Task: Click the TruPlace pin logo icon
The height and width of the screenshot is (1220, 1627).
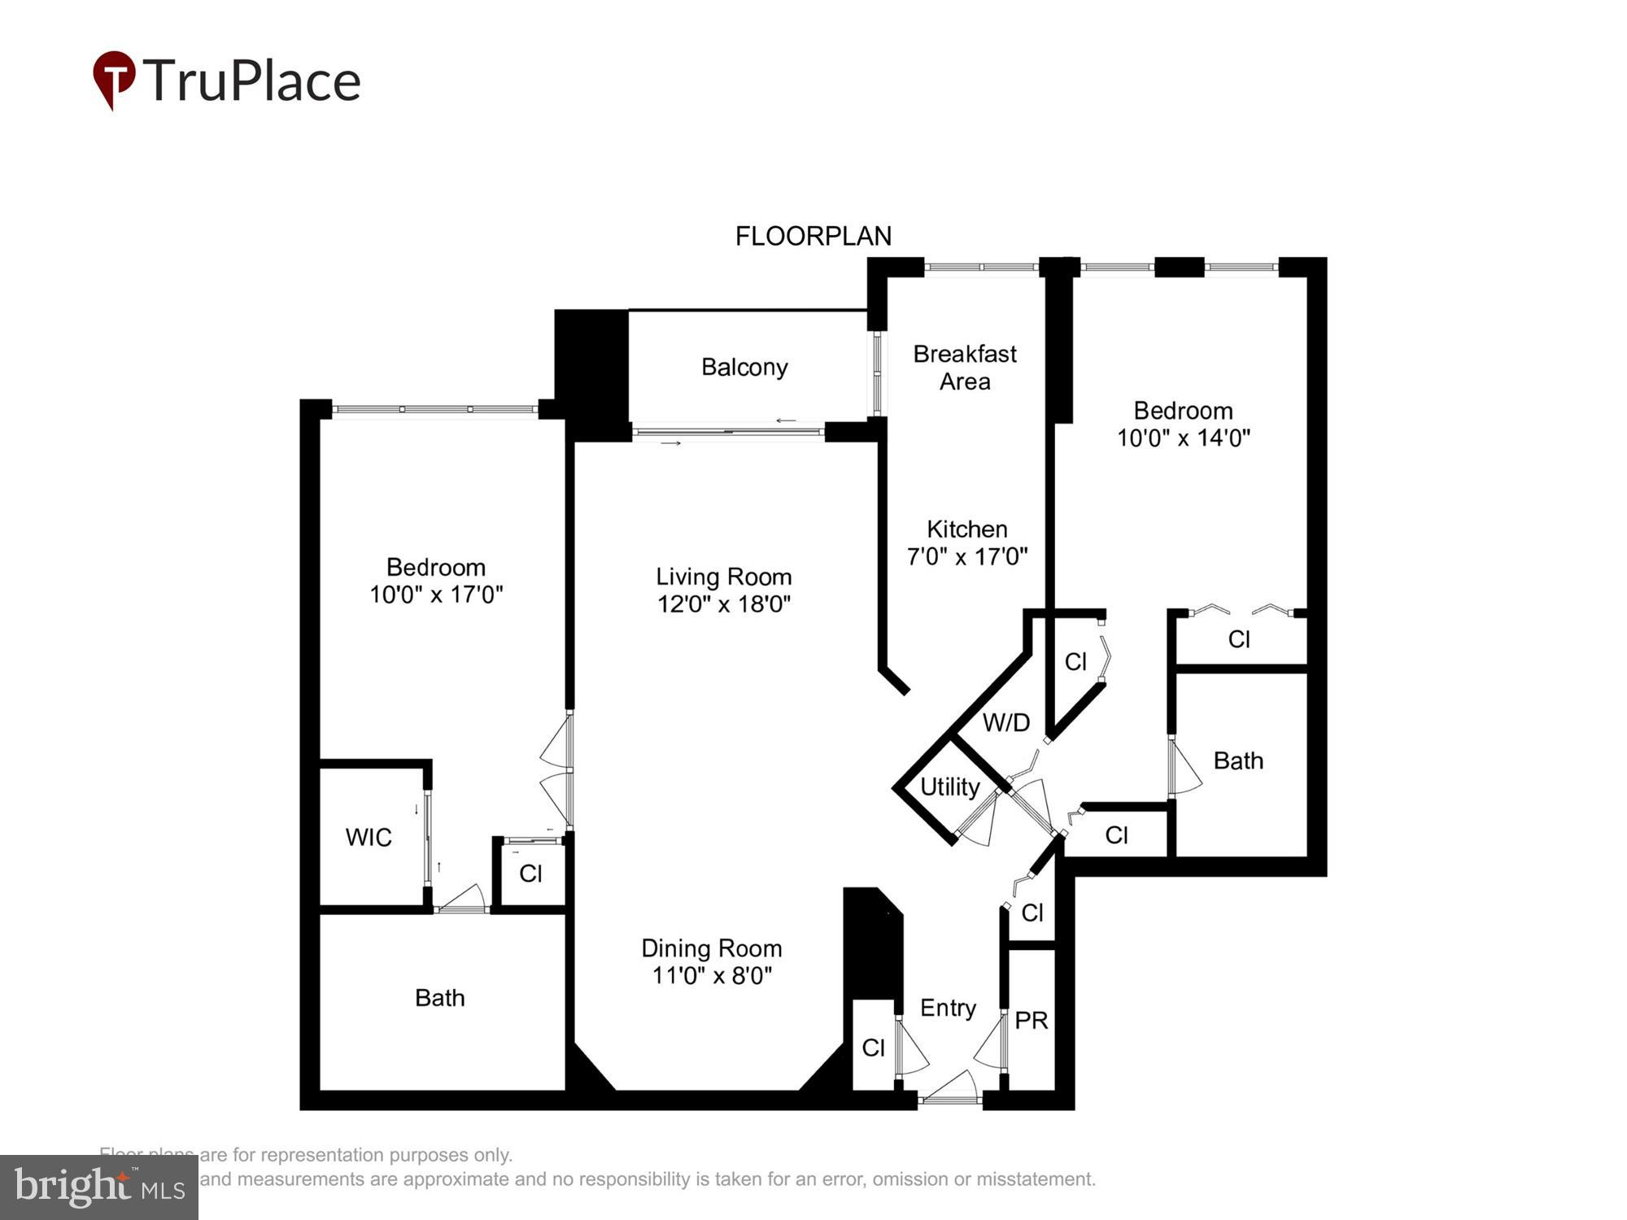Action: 114,79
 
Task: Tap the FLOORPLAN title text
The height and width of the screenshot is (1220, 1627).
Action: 813,236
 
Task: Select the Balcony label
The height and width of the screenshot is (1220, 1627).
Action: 744,367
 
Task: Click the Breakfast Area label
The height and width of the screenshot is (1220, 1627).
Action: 965,367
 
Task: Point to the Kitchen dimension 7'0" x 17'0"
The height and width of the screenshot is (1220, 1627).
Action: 966,557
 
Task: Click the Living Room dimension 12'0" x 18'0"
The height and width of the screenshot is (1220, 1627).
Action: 724,603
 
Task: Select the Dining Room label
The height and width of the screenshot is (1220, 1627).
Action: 711,948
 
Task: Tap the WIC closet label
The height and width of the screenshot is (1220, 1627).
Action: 369,837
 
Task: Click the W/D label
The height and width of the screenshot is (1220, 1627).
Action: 1005,722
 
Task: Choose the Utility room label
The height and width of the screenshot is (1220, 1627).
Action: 949,786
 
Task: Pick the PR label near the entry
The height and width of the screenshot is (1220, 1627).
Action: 1032,1020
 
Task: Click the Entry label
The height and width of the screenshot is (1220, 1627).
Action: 948,1008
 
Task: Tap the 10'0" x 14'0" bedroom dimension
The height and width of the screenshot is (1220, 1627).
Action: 1183,438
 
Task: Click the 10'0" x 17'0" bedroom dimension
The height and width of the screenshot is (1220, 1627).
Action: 436,595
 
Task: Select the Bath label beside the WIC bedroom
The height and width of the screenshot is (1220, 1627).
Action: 439,997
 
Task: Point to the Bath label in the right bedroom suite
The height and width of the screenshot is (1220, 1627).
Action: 1238,760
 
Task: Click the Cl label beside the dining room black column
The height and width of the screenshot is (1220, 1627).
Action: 873,1048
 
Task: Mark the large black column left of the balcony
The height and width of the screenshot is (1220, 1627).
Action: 591,370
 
